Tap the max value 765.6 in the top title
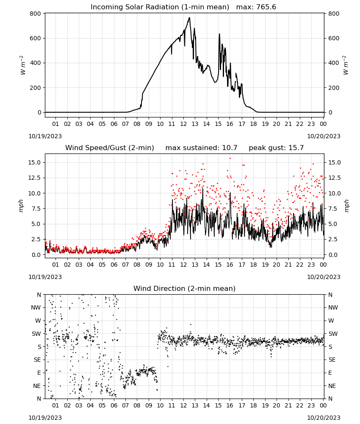[x=266, y=7]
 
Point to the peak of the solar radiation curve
[x=189, y=17]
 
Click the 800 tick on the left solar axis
[x=36, y=14]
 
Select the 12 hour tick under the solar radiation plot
[x=183, y=124]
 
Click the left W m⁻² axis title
[x=23, y=65]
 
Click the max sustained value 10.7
[x=230, y=148]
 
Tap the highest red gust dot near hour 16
[x=230, y=159]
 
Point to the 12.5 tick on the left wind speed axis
[x=35, y=178]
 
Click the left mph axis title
[x=21, y=206]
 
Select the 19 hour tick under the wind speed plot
[x=265, y=265]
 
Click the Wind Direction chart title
[x=185, y=288]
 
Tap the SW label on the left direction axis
[x=36, y=334]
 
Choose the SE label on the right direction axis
[x=332, y=360]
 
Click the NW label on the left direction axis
[x=36, y=307]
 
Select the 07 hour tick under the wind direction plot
[x=125, y=405]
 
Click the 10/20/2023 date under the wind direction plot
[x=324, y=418]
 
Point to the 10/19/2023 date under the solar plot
[x=45, y=136]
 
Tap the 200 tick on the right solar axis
[x=334, y=88]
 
